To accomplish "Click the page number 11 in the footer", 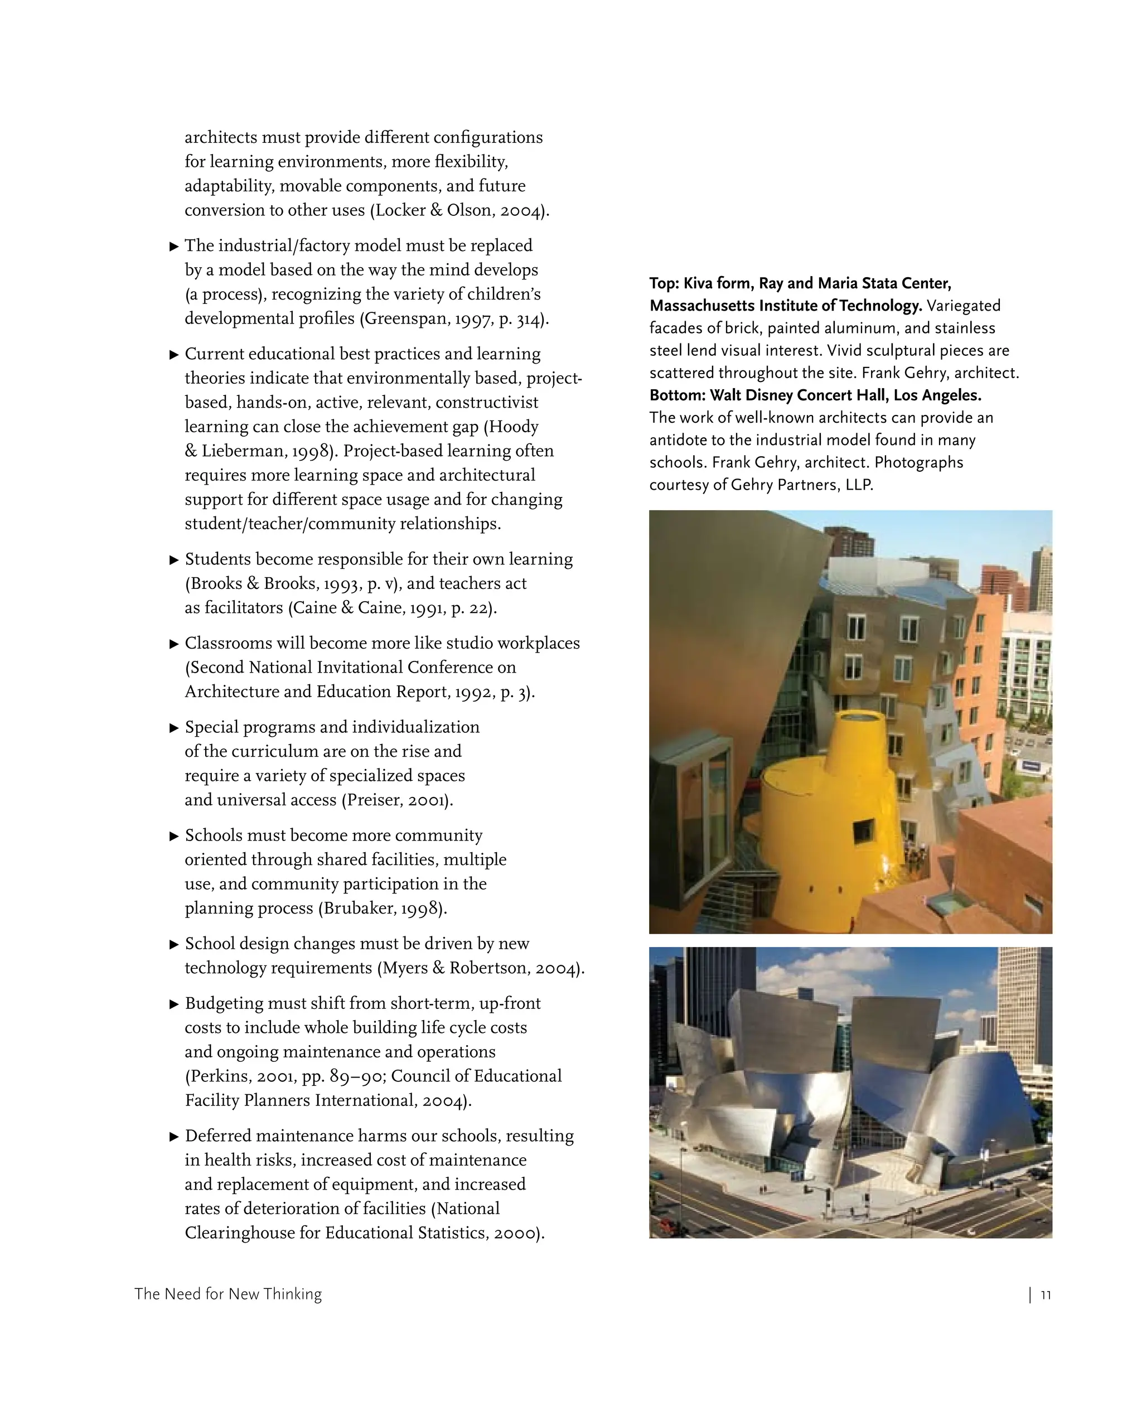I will point(1046,1295).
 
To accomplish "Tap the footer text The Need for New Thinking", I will point(228,1294).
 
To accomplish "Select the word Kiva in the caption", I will point(698,283).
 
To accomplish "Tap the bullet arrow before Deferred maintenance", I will point(175,1136).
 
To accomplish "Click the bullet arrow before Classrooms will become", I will point(175,644).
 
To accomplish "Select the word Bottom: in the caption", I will point(678,395).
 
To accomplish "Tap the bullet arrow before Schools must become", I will point(175,836).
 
